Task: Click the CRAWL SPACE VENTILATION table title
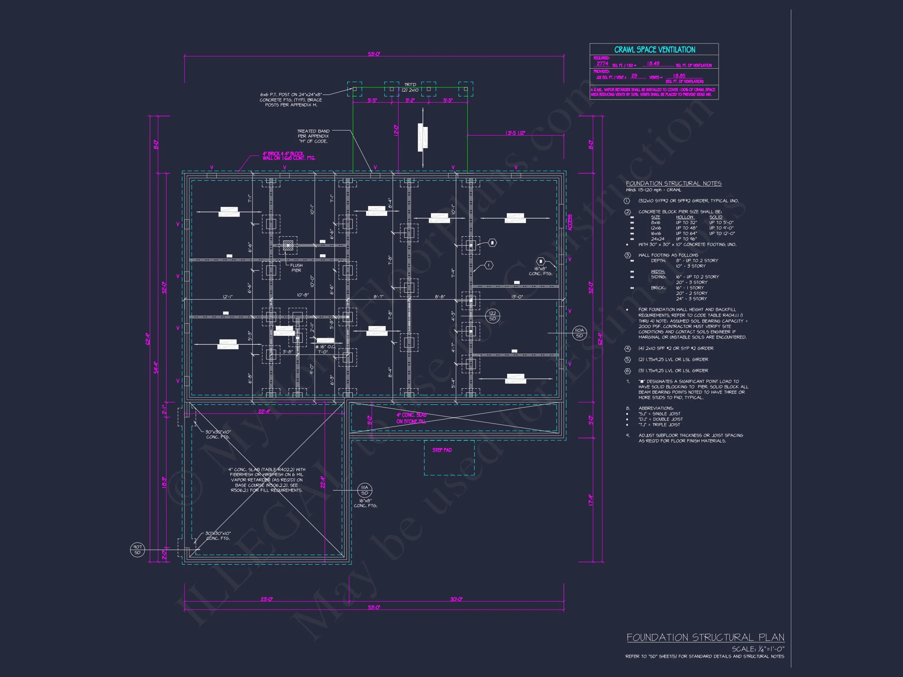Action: (655, 50)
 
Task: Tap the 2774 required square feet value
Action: (602, 63)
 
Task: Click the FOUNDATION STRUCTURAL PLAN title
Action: (705, 637)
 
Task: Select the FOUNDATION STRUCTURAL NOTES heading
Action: (674, 184)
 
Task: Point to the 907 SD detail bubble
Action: (137, 550)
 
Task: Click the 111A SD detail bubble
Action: (364, 490)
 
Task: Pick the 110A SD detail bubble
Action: (579, 333)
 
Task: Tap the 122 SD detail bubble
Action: (492, 316)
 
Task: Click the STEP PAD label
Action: (442, 450)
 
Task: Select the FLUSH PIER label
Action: (296, 268)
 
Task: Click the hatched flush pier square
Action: (288, 245)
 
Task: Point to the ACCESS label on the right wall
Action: (570, 223)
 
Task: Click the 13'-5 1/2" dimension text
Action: (515, 133)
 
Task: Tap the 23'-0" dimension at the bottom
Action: (267, 599)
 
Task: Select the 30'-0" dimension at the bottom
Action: (456, 599)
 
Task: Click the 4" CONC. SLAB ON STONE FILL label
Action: (411, 418)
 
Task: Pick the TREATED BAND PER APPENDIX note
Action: (313, 136)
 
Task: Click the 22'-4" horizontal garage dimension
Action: (264, 411)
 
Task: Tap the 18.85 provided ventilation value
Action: (679, 76)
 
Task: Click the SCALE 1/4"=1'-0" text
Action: (758, 649)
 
